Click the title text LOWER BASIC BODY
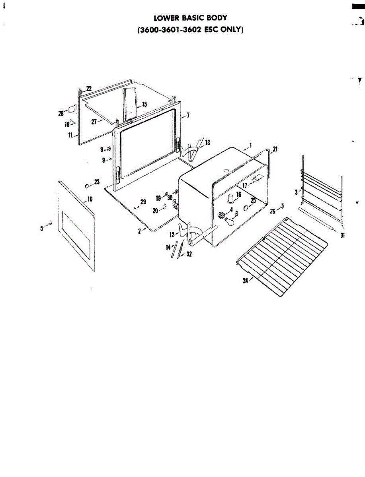coord(191,18)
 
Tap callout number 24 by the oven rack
coord(246,281)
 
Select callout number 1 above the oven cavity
coord(250,145)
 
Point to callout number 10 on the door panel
coord(90,199)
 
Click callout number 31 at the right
coord(342,235)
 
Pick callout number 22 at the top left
coord(89,88)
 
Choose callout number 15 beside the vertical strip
coord(144,104)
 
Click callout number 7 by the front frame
coord(188,115)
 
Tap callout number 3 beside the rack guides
coord(296,192)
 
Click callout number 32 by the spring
coord(189,254)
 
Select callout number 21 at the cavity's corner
coord(275,149)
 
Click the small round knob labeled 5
coord(50,223)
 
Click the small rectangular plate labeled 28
coord(72,108)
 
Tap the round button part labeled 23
coord(87,186)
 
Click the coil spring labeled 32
coord(181,249)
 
